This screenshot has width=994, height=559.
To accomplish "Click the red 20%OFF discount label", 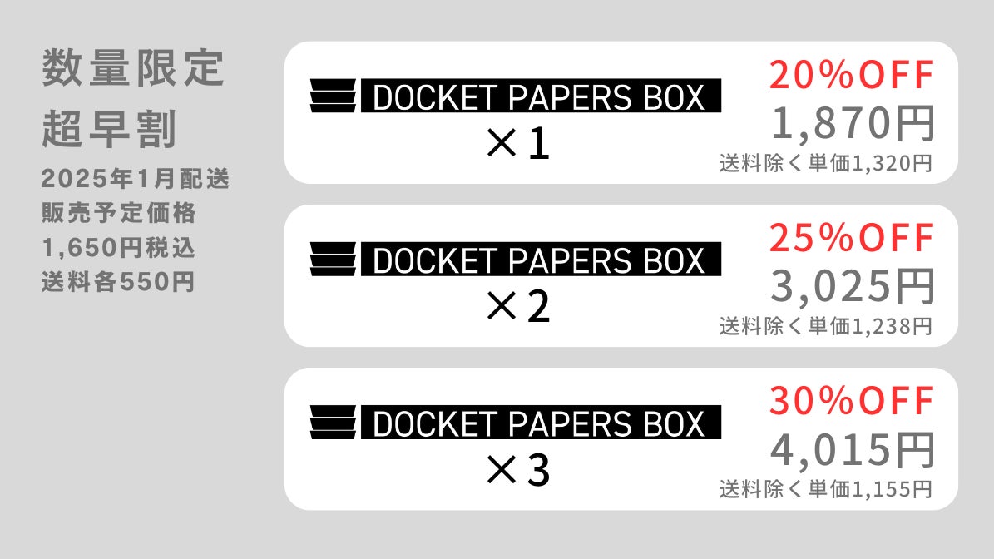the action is coord(852,77).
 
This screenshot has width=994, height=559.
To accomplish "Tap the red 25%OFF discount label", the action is coord(852,240).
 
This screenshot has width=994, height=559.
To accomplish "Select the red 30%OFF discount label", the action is coord(852,403).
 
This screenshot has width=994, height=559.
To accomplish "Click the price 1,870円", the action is coord(853,124).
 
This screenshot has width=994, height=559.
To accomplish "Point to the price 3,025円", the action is coord(853,287).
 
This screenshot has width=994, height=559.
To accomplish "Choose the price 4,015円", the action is coord(853,450).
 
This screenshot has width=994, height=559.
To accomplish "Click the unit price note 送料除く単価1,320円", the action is coord(825,163).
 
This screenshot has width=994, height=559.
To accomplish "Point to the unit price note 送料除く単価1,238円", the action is coord(825,326).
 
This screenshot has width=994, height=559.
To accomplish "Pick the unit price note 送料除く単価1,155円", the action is coord(825,489).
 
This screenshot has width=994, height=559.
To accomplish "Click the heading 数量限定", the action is coord(133,71).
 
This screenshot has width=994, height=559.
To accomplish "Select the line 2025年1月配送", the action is coord(135,178).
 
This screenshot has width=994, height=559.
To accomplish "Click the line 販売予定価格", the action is coord(119,213).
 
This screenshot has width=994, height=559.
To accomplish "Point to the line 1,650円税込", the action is coord(119,248).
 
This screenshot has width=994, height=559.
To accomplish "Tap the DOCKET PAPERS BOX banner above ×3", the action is coord(540,423).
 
